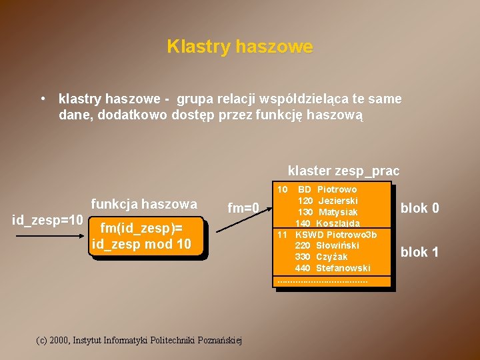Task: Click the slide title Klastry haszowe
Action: pos(239,47)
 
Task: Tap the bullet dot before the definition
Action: pos(43,99)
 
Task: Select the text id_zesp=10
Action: pos(48,220)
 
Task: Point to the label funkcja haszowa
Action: pos(144,204)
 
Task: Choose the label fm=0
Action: pos(243,208)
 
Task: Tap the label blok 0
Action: pos(419,208)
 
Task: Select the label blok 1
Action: pos(419,252)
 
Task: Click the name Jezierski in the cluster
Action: pos(338,201)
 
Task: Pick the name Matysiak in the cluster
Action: pos(338,212)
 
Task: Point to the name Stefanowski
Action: pos(343,268)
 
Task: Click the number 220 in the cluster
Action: pos(303,245)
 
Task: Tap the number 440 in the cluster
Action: pos(303,268)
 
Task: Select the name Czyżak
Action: pos(332,257)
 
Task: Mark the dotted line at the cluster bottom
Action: pos(323,281)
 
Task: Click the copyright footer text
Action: pos(139,340)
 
